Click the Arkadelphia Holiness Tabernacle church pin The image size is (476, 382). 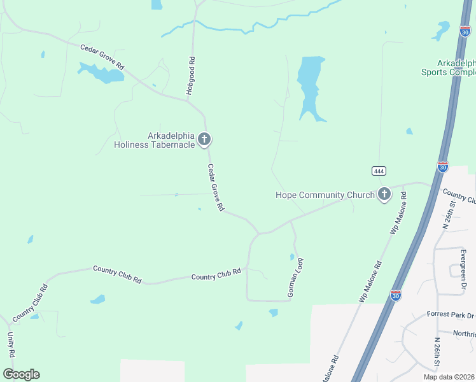click(x=204, y=139)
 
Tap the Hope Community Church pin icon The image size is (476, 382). click(x=384, y=194)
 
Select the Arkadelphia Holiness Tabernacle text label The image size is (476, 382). click(x=163, y=140)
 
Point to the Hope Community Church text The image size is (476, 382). click(x=325, y=195)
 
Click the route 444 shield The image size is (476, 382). click(x=379, y=171)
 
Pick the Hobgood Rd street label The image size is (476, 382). click(x=190, y=76)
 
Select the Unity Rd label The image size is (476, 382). click(x=11, y=345)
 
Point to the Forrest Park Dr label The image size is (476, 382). click(x=452, y=315)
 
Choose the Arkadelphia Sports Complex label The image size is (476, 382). click(x=448, y=67)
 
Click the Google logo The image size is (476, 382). click(x=21, y=374)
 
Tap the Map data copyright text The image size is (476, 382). click(x=449, y=377)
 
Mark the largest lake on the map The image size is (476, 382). click(x=311, y=86)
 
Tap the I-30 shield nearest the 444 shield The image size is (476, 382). click(x=443, y=167)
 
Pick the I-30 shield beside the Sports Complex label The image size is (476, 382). click(x=465, y=30)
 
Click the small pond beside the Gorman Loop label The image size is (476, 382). click(x=292, y=257)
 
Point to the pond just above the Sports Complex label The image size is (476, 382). click(x=441, y=31)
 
